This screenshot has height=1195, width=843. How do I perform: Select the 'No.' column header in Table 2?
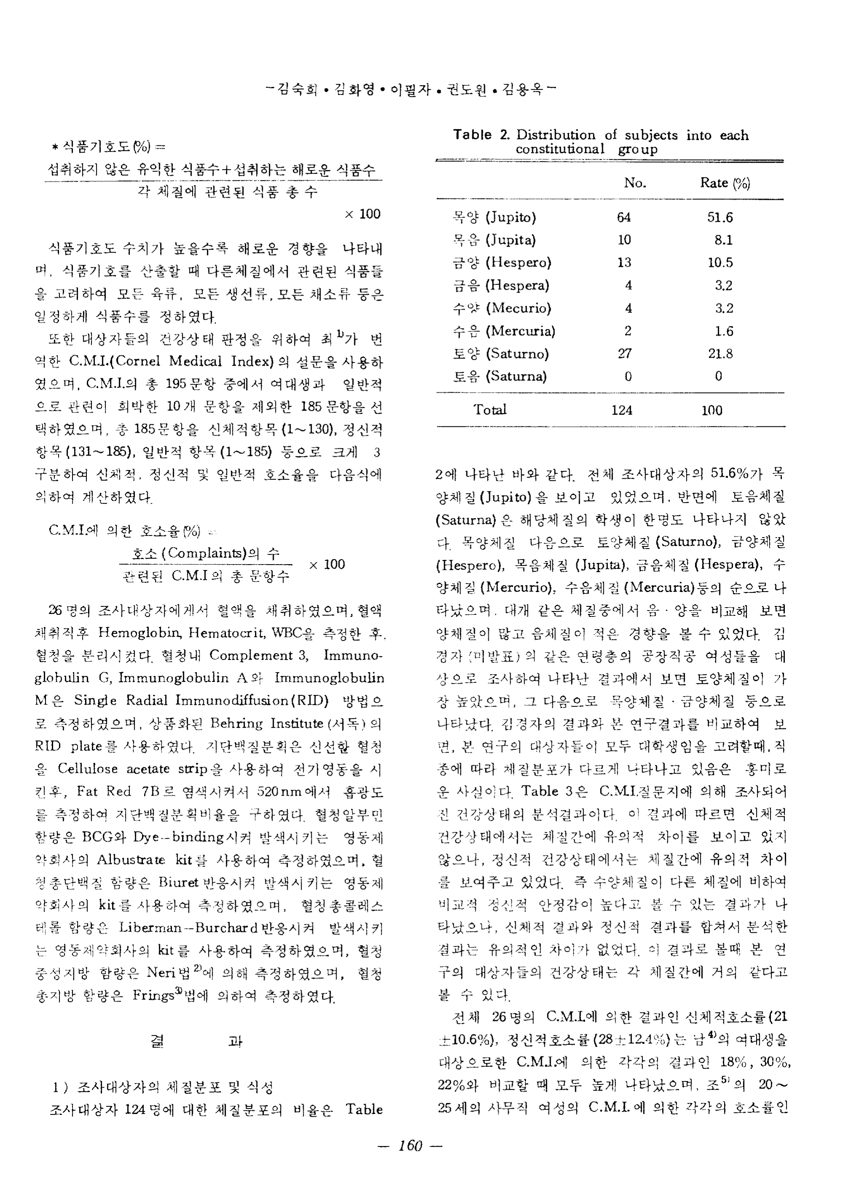point(634,183)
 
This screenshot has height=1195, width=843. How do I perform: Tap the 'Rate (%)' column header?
point(725,183)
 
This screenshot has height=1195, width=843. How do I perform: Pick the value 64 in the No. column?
point(624,218)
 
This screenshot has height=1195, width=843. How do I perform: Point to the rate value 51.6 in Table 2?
point(720,218)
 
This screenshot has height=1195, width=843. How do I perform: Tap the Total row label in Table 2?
point(490,409)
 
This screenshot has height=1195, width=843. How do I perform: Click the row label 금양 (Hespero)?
point(502,262)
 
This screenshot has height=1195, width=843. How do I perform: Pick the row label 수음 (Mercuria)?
point(504,331)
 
